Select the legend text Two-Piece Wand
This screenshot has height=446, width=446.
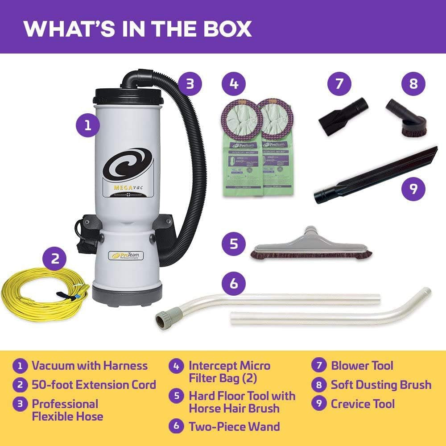tap(234, 426)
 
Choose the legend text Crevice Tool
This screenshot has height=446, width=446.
tap(363, 404)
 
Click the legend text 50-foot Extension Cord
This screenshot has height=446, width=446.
tap(94, 385)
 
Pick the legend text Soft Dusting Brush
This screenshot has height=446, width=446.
tap(381, 385)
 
